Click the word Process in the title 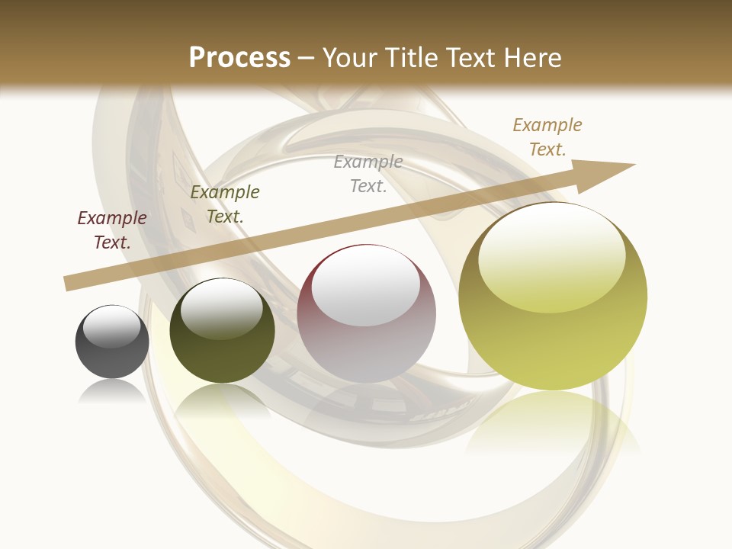pyautogui.click(x=239, y=58)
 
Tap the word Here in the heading pyautogui.click(x=529, y=58)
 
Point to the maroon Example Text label pyautogui.click(x=112, y=230)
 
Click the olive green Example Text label pyautogui.click(x=225, y=204)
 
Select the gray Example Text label pyautogui.click(x=368, y=174)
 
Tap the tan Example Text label pyautogui.click(x=547, y=137)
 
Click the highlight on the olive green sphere pyautogui.click(x=222, y=309)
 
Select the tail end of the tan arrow pyautogui.click(x=70, y=283)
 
